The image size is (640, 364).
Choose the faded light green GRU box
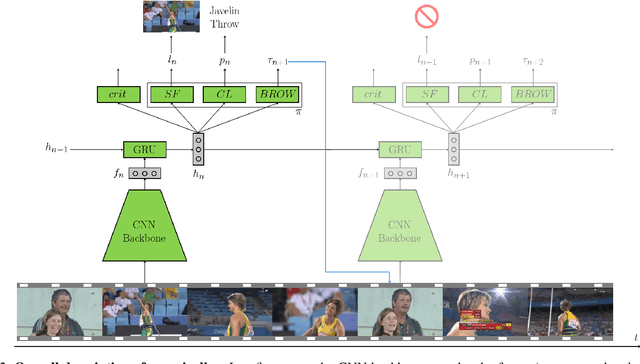(399, 148)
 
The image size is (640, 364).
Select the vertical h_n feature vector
(198, 147)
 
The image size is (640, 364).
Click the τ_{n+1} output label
(277, 61)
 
